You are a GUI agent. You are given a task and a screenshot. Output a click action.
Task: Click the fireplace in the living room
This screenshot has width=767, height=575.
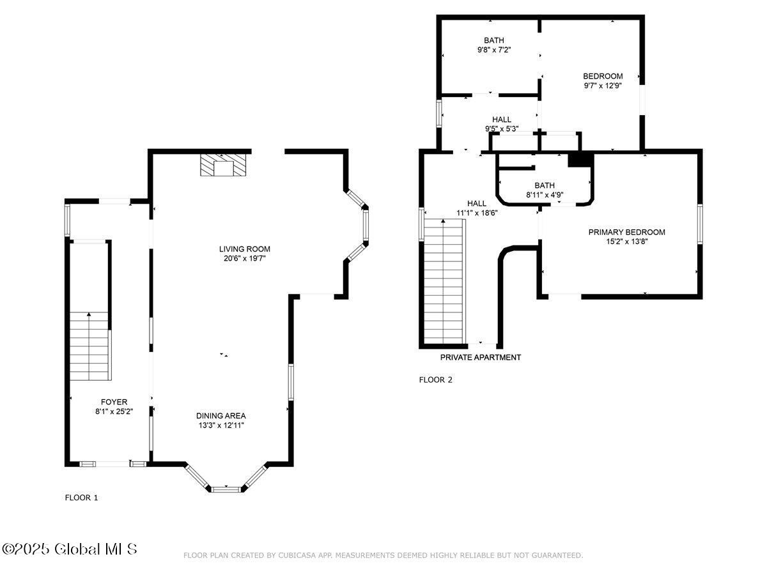click(223, 164)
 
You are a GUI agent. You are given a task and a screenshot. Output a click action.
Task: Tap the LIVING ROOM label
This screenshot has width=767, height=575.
click(245, 249)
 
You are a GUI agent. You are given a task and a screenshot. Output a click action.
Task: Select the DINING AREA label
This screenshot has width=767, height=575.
click(221, 416)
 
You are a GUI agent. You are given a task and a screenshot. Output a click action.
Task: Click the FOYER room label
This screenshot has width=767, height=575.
click(114, 402)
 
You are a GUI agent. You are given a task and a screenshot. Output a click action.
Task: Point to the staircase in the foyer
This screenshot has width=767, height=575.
click(91, 346)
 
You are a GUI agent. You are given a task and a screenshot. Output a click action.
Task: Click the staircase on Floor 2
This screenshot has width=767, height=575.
click(444, 281)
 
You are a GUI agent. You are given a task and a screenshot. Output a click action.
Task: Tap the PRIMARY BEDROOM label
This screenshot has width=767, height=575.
click(626, 232)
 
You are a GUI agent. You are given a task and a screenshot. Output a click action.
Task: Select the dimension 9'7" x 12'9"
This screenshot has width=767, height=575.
click(603, 86)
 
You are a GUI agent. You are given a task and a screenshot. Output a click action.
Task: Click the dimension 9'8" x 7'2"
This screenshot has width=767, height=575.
click(494, 50)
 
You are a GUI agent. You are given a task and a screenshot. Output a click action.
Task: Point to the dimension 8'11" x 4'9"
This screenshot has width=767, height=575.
click(545, 195)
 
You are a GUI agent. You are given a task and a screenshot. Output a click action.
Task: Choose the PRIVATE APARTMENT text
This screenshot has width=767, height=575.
click(481, 357)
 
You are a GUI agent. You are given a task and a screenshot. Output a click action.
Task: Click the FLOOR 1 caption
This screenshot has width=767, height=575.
click(81, 498)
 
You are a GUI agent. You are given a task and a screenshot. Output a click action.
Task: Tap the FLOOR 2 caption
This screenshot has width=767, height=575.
click(435, 380)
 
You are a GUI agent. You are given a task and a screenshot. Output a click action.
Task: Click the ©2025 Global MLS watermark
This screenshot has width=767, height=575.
click(69, 549)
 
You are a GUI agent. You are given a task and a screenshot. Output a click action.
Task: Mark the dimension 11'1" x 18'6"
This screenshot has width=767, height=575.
click(477, 213)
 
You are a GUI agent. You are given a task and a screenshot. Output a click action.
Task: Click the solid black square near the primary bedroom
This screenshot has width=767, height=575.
click(580, 160)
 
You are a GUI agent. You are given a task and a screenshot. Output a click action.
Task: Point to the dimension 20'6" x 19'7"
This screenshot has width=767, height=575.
click(245, 259)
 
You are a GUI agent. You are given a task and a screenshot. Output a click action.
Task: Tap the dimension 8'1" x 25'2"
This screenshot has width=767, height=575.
click(114, 411)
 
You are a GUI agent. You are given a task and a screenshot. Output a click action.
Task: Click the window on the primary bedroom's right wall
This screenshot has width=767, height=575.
click(700, 224)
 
